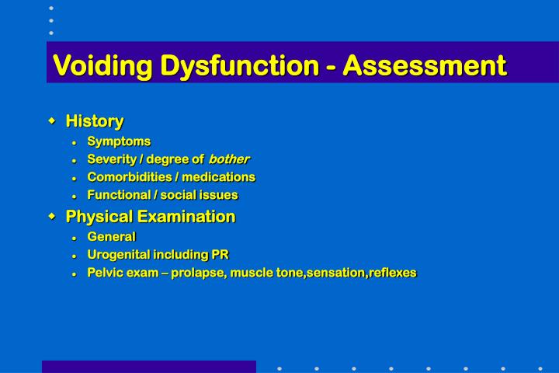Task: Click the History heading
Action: (95, 121)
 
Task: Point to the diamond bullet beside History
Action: (52, 120)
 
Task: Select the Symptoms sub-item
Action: (119, 141)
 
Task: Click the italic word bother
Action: (229, 159)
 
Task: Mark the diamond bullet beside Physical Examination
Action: (52, 215)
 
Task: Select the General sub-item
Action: (111, 236)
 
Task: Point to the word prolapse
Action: (197, 272)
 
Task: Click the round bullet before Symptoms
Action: (74, 141)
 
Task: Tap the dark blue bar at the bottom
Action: (148, 366)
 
